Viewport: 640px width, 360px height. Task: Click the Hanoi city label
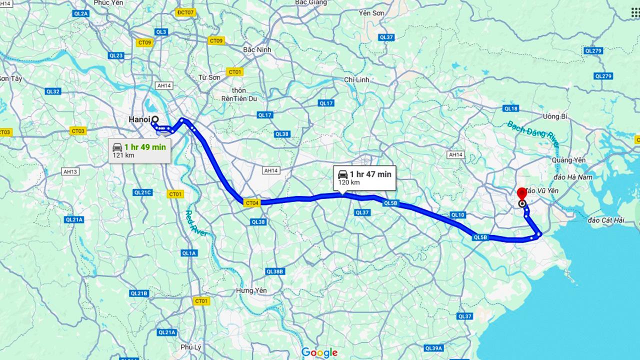[138, 119]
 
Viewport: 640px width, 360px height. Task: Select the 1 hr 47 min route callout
[364, 177]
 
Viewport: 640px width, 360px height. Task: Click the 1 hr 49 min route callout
[140, 150]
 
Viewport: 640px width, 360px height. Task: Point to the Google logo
[319, 352]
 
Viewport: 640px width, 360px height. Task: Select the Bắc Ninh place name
[256, 50]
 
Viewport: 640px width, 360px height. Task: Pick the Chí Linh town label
[356, 80]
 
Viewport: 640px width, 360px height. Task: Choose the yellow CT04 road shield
[252, 203]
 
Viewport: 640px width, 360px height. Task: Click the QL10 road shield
[457, 215]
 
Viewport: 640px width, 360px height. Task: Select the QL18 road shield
[510, 108]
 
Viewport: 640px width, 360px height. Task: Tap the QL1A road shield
[189, 253]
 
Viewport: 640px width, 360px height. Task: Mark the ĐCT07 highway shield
[185, 12]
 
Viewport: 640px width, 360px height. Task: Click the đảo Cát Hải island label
[606, 220]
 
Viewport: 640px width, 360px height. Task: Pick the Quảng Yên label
[568, 160]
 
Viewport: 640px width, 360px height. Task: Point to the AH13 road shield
[70, 171]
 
